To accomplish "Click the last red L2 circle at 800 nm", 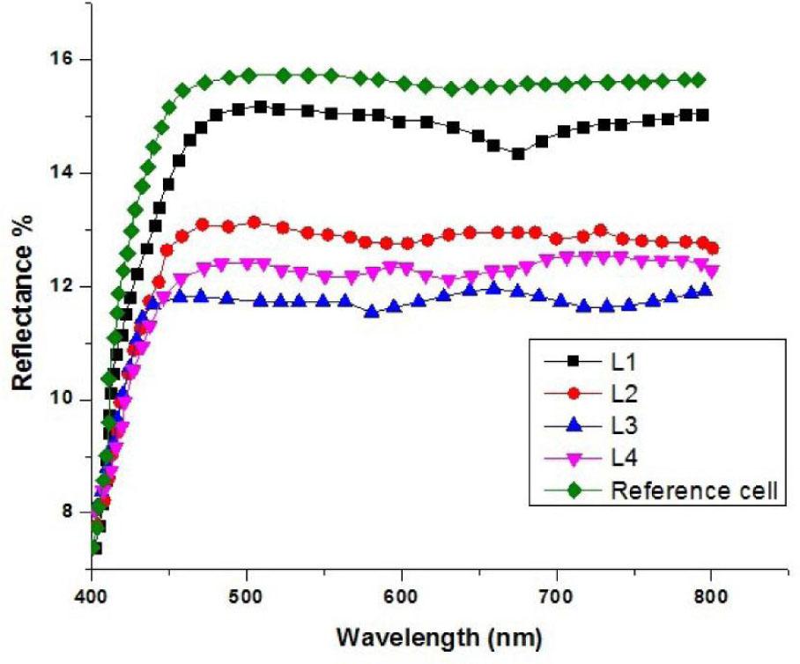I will [712, 248].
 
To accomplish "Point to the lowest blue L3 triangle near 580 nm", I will [372, 311].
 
